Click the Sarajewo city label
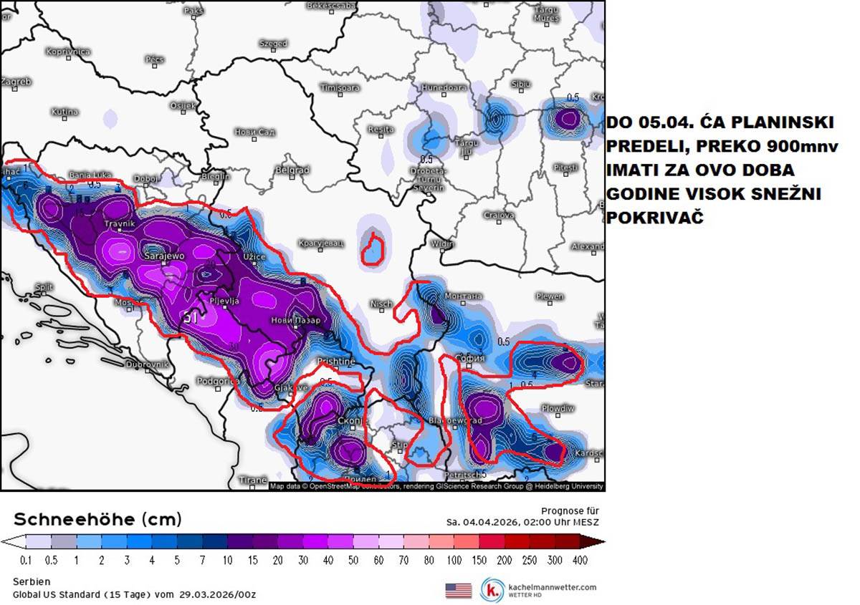click(x=166, y=256)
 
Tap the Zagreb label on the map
click(x=16, y=82)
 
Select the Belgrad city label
click(x=292, y=170)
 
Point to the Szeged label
click(x=273, y=44)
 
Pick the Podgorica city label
click(x=217, y=382)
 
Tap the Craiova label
click(x=499, y=215)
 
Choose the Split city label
click(x=44, y=287)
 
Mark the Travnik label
click(x=120, y=224)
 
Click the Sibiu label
click(x=521, y=84)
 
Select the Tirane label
click(x=253, y=480)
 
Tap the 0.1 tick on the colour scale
click(x=26, y=559)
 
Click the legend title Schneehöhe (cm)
click(x=97, y=518)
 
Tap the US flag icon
click(x=459, y=590)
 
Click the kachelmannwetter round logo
click(x=492, y=589)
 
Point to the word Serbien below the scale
click(x=32, y=581)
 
